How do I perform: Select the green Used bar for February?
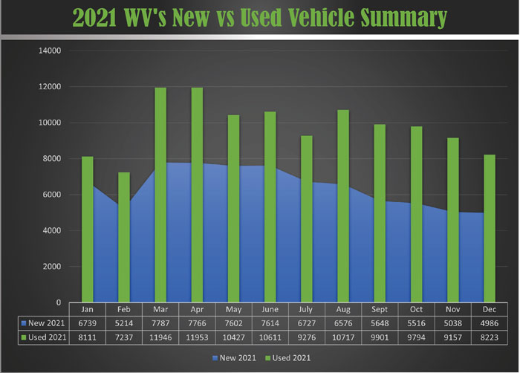click(124, 237)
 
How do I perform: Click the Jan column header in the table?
click(88, 309)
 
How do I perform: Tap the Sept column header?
click(380, 309)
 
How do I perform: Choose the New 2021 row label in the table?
click(43, 322)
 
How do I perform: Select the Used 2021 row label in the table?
click(43, 337)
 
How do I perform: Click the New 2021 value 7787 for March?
click(160, 322)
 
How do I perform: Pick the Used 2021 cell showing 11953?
click(197, 337)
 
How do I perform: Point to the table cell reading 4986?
click(490, 322)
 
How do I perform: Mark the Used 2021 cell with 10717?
click(343, 337)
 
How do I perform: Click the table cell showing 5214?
click(124, 322)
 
